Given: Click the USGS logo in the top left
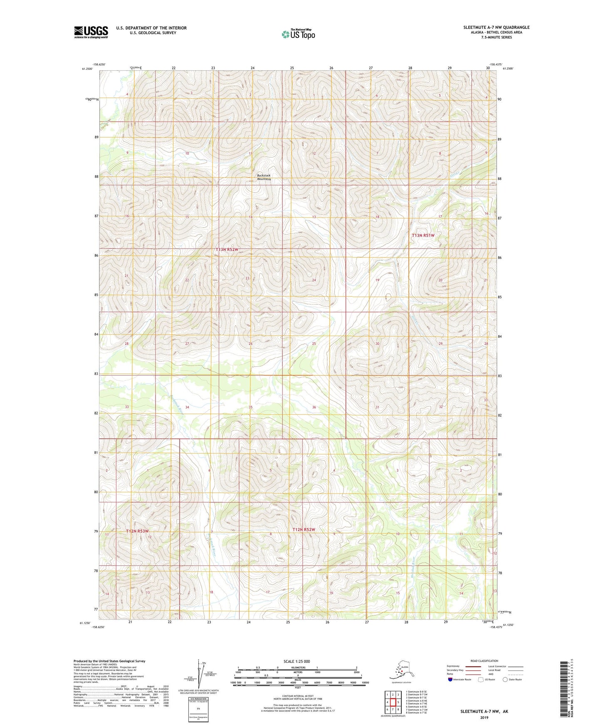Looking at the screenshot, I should click(91, 32).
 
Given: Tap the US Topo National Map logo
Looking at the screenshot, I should click(298, 34).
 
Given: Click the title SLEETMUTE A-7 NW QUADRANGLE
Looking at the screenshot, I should click(496, 27).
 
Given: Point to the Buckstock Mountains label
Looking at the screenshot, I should click(264, 177).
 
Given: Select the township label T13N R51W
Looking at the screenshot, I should click(423, 235).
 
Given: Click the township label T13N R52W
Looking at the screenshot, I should click(227, 249).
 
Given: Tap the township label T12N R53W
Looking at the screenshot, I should click(137, 531).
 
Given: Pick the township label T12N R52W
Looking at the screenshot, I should click(304, 530).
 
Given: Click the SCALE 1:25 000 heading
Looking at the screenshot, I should click(297, 662).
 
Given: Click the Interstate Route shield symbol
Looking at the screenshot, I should click(450, 679).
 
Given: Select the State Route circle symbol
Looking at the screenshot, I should click(505, 679).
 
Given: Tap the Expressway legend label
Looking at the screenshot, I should click(453, 666).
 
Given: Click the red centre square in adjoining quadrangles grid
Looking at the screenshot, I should click(392, 702).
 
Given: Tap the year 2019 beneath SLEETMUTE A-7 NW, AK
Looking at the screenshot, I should click(484, 717).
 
